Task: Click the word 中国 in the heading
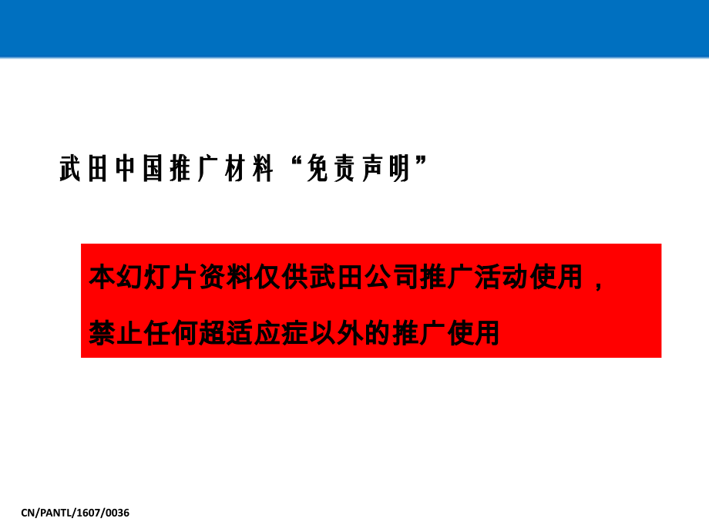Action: point(139,168)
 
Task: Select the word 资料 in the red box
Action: point(225,277)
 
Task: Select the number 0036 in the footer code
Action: point(117,512)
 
